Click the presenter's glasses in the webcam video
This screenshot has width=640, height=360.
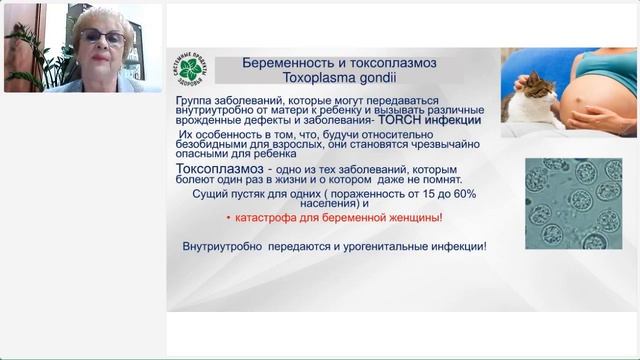103,37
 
